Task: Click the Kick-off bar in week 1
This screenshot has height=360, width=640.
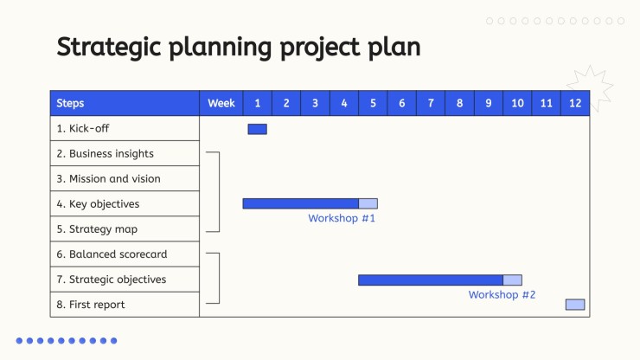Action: click(257, 129)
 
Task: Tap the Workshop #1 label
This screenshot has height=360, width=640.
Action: click(342, 218)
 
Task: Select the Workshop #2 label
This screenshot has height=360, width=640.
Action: click(502, 294)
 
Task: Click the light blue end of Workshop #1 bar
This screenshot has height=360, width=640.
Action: click(368, 203)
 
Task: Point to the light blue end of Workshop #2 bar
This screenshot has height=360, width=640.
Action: click(512, 280)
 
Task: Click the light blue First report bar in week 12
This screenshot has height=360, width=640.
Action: click(575, 305)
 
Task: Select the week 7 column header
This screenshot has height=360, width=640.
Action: click(431, 103)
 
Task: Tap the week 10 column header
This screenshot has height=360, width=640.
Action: click(517, 103)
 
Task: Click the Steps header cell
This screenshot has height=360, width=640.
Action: click(125, 103)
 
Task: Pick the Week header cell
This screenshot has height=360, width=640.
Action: click(221, 103)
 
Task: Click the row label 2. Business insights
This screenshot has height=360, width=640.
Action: click(105, 154)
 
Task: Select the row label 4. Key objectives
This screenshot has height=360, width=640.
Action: click(98, 204)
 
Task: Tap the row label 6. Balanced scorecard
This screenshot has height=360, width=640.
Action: click(112, 254)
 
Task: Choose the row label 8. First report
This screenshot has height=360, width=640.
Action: click(91, 305)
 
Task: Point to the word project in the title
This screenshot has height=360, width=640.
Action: click(320, 48)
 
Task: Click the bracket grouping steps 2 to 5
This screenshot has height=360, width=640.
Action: click(219, 192)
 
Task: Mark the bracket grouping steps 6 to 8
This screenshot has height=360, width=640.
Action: click(219, 279)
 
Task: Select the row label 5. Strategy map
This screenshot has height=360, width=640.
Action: click(97, 229)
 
